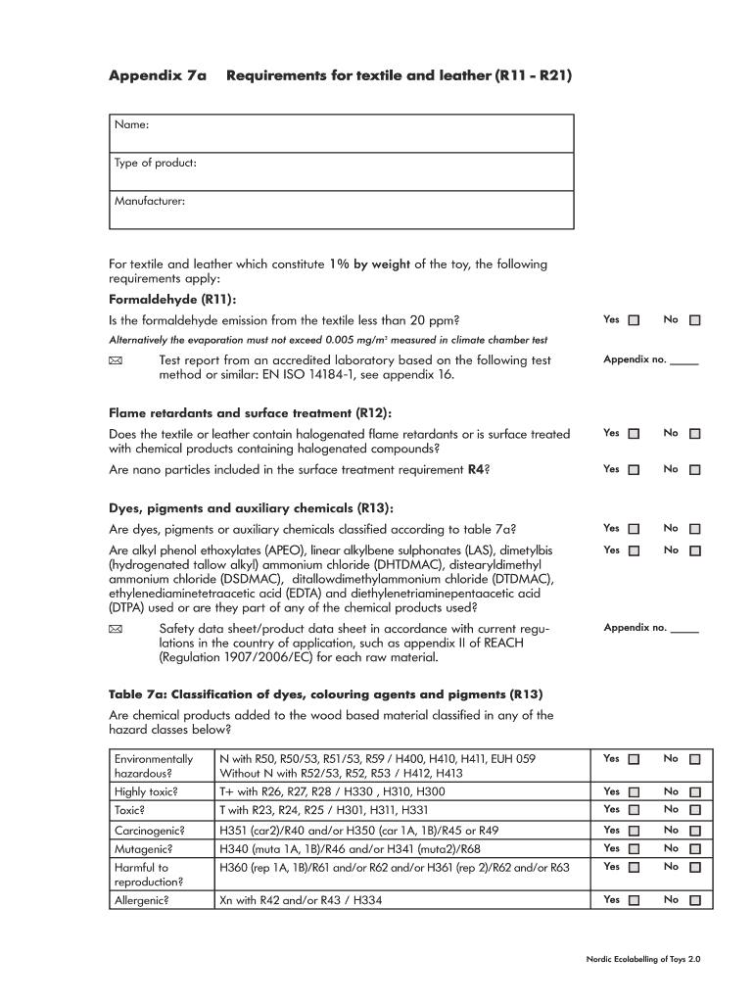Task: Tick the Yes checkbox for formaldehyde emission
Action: [x=634, y=320]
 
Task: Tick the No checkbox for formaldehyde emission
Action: [x=694, y=320]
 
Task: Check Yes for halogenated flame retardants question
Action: [x=634, y=434]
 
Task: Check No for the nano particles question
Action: [x=694, y=470]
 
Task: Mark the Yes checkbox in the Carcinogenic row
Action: [x=634, y=831]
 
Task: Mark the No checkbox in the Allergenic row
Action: [x=694, y=899]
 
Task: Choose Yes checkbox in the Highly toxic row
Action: [x=634, y=792]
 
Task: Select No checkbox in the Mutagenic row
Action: [x=694, y=849]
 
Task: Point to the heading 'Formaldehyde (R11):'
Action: [x=172, y=299]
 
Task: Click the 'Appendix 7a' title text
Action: [x=157, y=74]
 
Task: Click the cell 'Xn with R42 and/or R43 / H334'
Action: [x=301, y=899]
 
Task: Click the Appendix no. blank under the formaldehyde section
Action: [x=684, y=360]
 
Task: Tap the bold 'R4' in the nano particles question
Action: [x=476, y=470]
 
